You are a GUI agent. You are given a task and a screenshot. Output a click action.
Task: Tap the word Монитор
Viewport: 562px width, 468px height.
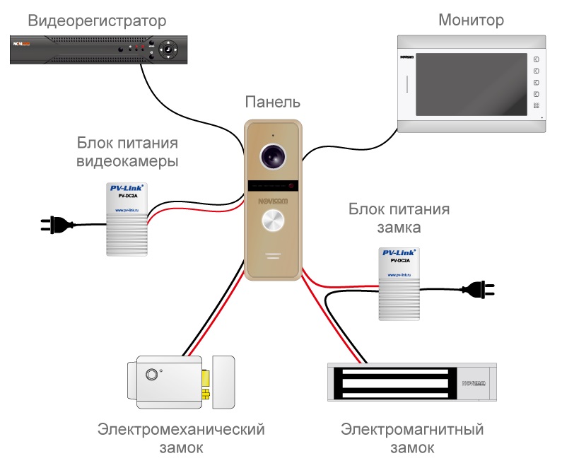[472, 19]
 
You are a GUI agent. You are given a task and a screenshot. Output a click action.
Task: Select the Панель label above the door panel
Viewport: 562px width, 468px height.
[273, 103]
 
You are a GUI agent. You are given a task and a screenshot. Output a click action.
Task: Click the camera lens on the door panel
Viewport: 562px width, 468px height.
[272, 156]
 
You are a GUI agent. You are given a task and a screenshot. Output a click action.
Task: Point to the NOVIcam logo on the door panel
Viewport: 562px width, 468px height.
[273, 201]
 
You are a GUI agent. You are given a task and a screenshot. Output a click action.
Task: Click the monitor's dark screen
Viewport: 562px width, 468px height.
[463, 83]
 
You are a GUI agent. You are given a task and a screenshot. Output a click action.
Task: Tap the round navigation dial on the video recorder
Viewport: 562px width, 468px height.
[169, 49]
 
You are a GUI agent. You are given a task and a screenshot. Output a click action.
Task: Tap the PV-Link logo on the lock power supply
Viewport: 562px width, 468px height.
[399, 252]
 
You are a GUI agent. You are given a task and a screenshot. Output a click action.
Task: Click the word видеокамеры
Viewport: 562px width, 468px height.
[127, 162]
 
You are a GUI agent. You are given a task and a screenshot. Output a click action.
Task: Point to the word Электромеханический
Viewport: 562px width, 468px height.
[181, 429]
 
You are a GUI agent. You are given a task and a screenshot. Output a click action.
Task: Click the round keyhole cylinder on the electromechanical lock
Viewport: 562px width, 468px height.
[151, 375]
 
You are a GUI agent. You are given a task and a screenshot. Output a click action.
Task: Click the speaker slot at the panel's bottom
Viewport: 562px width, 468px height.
[273, 254]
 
